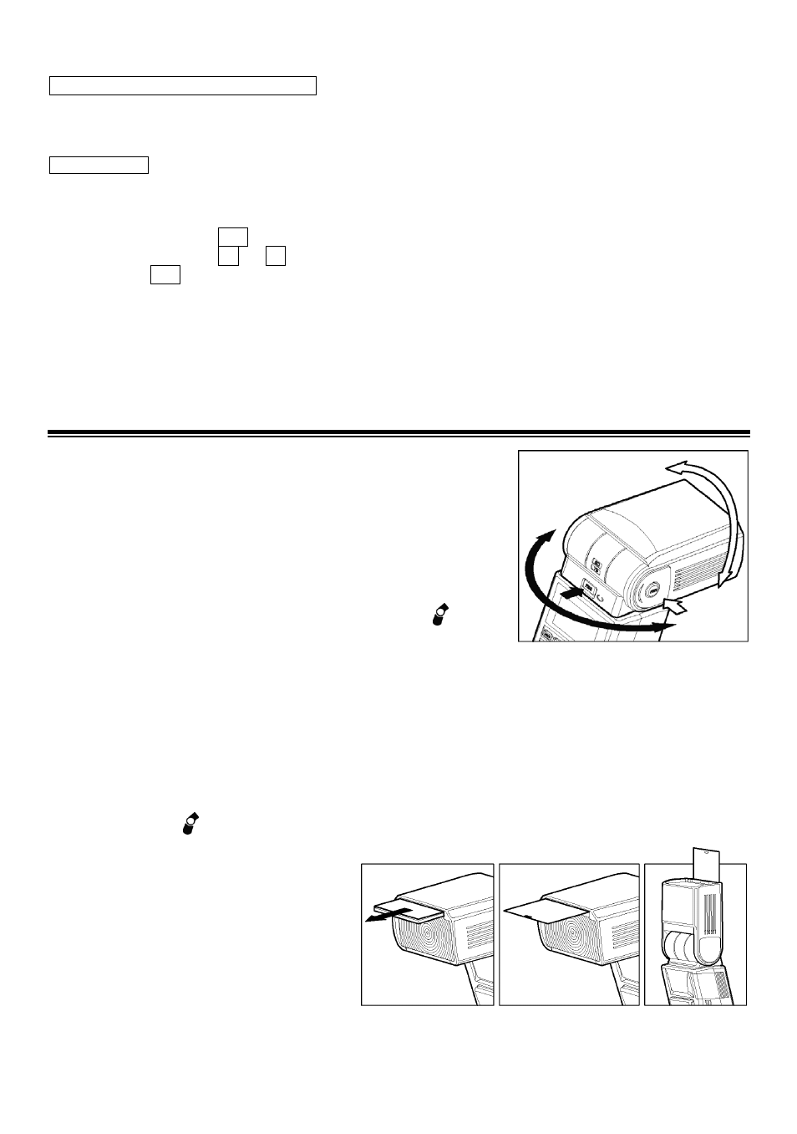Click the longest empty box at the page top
tap(183, 85)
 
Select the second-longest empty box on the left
tap(99, 164)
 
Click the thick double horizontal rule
tap(398, 433)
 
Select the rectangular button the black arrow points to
tap(589, 589)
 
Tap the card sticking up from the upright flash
tap(706, 861)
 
